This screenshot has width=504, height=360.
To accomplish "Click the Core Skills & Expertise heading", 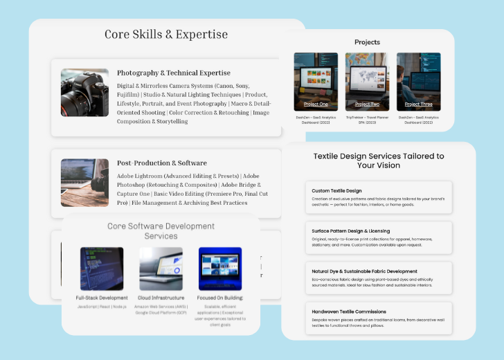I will tap(166, 34).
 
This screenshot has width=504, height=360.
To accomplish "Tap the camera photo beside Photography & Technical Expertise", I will tap(84, 92).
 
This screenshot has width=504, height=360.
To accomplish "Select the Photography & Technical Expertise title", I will tap(173, 73).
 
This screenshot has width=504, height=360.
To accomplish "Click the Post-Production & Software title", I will tap(161, 163).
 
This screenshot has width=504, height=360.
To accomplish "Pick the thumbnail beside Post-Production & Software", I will tap(84, 183).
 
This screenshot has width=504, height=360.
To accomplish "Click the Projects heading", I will tap(367, 42).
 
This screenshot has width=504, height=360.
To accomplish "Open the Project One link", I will tap(316, 105).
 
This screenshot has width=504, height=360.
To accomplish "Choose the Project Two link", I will tap(367, 105).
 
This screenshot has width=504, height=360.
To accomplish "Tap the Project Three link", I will tap(418, 105).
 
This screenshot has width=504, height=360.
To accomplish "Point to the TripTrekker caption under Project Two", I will tap(367, 120).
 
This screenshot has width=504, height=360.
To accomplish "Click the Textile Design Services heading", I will tap(379, 161).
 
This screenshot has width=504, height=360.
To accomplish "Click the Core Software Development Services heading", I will tap(161, 231).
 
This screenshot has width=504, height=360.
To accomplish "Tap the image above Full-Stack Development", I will tap(102, 269).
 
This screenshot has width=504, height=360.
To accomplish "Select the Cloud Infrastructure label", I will tap(161, 298).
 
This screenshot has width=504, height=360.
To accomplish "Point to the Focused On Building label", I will tap(219, 298).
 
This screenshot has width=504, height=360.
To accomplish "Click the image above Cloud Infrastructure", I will tap(161, 269).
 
